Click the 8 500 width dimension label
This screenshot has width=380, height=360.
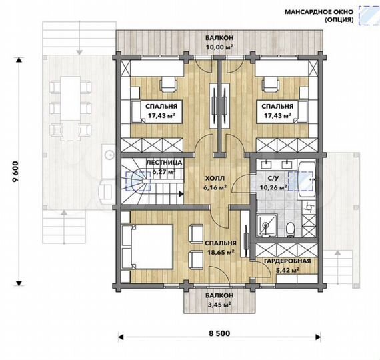pyautogui.click(x=219, y=333)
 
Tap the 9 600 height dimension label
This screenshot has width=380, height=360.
pyautogui.click(x=17, y=171)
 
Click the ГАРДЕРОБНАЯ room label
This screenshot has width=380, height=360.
pyautogui.click(x=287, y=261)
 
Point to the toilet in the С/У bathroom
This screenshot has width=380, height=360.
pyautogui.click(x=290, y=229)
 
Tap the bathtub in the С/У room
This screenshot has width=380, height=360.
pyautogui.click(x=306, y=179)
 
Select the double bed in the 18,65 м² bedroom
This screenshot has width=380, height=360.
pyautogui.click(x=147, y=247)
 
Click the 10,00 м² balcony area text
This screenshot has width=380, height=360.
pyautogui.click(x=219, y=47)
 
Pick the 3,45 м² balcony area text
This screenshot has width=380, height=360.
pyautogui.click(x=219, y=305)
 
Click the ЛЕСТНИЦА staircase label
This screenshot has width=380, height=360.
pyautogui.click(x=164, y=163)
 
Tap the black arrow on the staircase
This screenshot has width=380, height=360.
pyautogui.click(x=181, y=193)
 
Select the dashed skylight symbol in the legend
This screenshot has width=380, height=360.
pyautogui.click(x=369, y=15)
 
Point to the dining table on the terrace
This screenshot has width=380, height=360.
pyautogui.click(x=70, y=109)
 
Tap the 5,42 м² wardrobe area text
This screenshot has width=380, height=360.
pyautogui.click(x=287, y=270)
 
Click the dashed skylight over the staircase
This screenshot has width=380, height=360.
pyautogui.click(x=138, y=181)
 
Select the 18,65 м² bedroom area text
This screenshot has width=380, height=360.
pyautogui.click(x=221, y=253)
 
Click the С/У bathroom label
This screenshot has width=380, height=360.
pyautogui.click(x=273, y=178)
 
